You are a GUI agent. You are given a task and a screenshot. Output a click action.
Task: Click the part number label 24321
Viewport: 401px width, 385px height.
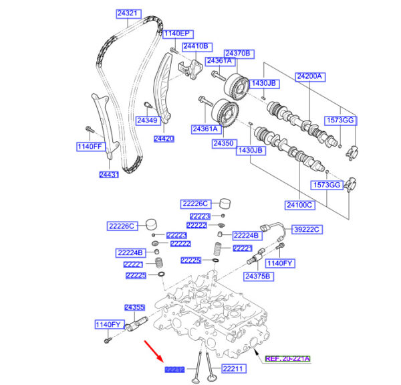128,13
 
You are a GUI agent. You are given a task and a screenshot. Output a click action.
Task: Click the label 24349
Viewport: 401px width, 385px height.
147,121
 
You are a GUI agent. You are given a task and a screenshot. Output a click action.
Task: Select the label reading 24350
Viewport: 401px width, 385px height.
223,143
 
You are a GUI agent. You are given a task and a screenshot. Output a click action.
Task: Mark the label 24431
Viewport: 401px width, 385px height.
109,175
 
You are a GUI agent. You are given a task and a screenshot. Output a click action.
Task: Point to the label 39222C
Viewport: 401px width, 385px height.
308,230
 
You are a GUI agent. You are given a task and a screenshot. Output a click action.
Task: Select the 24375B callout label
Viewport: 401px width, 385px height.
258,276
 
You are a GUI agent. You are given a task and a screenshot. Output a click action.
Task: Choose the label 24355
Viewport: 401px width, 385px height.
134,307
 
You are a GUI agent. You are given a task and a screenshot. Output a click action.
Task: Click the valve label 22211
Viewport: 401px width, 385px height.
235,368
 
